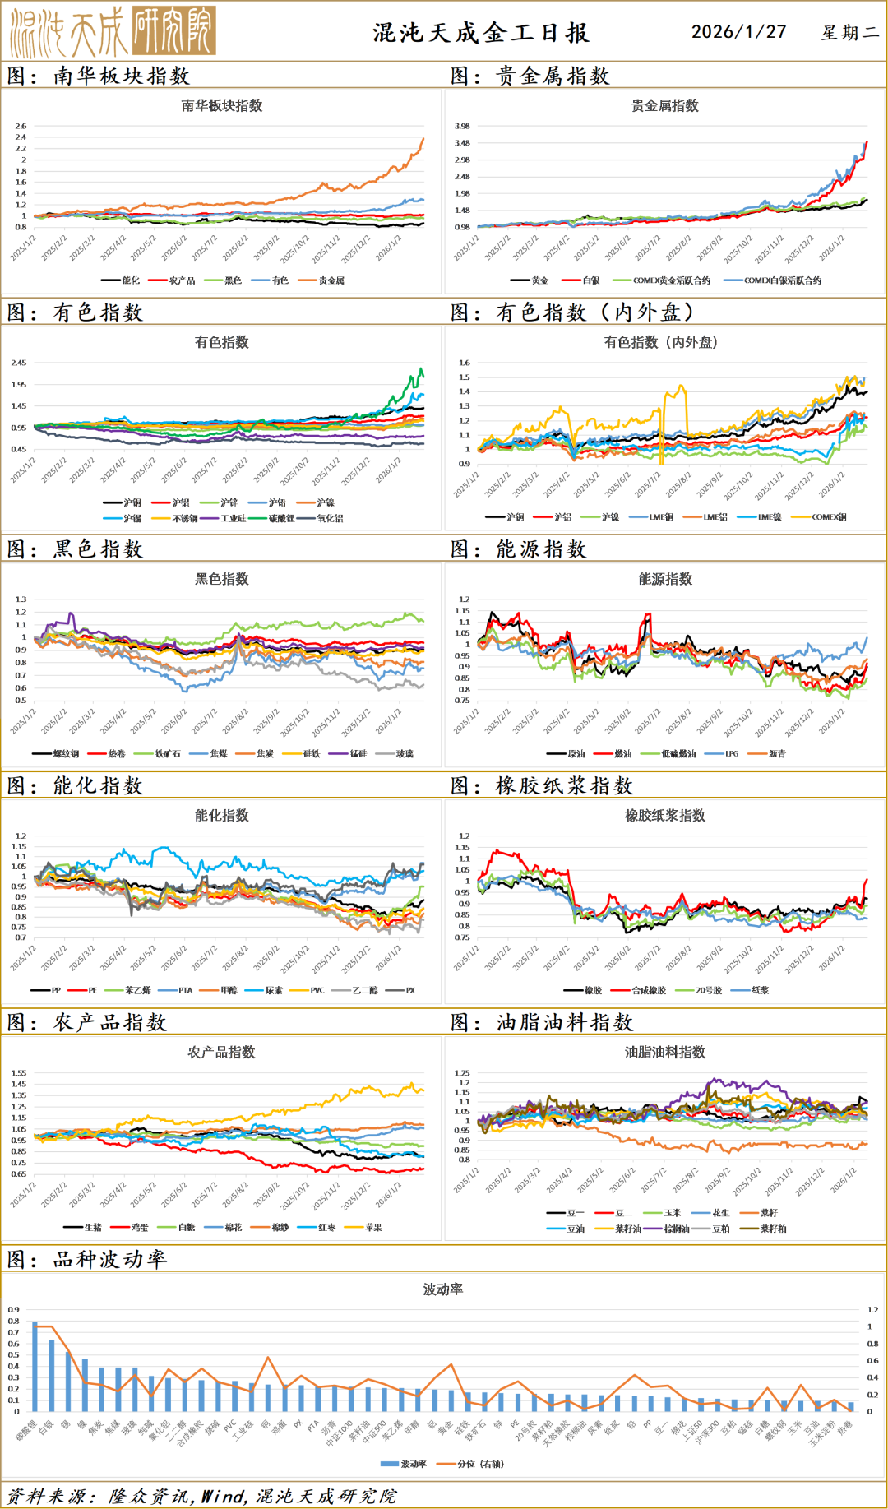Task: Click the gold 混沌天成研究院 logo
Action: point(113,31)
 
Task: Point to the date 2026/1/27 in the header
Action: point(738,32)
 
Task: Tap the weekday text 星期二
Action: point(850,33)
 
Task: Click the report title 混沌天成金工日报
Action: point(481,33)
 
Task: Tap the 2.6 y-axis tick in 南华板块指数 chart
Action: point(21,126)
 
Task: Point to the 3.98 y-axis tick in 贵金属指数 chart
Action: point(462,126)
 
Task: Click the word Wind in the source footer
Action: point(223,1496)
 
